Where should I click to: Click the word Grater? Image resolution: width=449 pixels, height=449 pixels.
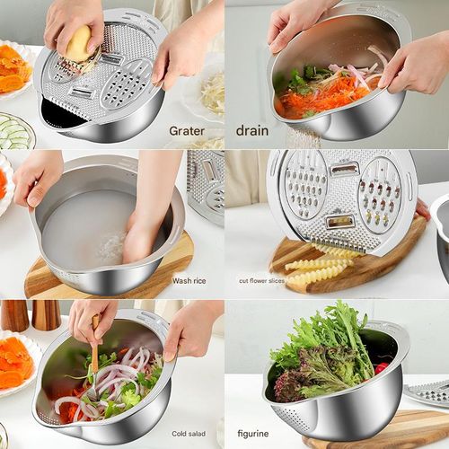tap(186, 130)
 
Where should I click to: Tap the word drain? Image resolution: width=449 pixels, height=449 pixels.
tap(251, 130)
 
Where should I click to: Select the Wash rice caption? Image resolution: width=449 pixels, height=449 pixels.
tap(189, 281)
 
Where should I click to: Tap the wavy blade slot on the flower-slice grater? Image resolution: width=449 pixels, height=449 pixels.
tap(342, 221)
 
